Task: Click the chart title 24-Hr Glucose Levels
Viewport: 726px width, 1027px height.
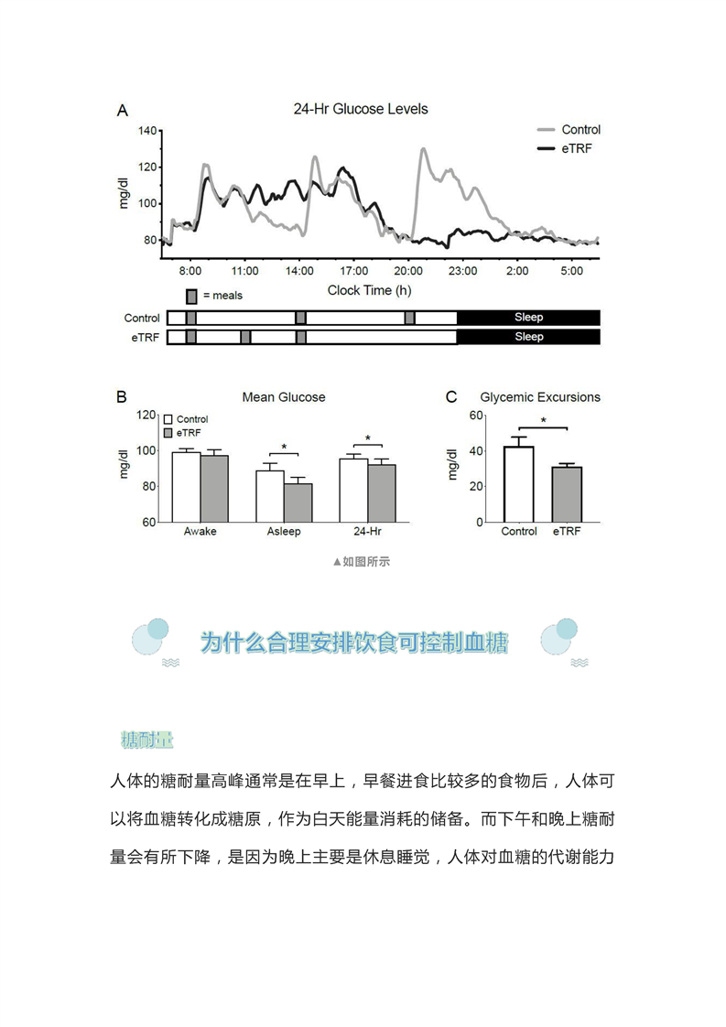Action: coord(360,109)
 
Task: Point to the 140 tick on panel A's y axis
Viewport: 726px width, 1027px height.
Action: coord(146,131)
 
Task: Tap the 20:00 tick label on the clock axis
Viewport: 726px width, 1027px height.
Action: coord(408,272)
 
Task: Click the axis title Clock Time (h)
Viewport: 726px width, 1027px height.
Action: coord(369,290)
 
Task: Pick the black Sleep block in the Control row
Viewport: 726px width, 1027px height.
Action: coord(528,318)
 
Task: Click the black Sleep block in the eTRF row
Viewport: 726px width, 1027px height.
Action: coord(528,337)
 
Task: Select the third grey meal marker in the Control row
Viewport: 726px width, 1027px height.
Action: coord(409,318)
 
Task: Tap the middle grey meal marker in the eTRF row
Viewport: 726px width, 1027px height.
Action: coord(245,337)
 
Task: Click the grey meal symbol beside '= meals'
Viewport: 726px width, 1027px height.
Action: coord(191,296)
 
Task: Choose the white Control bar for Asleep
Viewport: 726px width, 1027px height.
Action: coord(269,496)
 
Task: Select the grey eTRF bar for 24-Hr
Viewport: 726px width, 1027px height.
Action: coord(382,493)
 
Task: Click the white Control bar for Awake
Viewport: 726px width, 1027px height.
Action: coord(186,487)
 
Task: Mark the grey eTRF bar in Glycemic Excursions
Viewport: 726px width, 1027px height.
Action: coord(567,494)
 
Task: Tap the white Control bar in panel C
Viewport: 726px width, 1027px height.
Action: coord(519,484)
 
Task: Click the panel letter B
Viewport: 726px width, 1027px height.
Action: coord(121,397)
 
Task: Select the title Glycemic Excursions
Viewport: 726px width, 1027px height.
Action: coord(540,397)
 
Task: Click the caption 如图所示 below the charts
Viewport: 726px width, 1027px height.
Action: coord(363,561)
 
